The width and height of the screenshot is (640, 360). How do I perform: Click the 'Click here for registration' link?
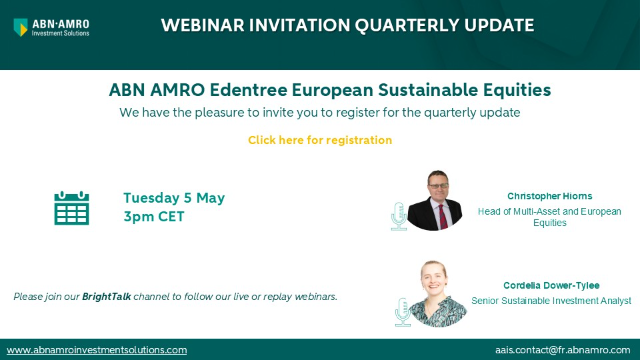[320, 140]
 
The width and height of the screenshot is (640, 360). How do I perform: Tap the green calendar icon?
[71, 207]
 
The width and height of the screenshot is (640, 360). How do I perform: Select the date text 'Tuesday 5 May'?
[174, 197]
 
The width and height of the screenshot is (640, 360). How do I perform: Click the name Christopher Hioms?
[550, 196]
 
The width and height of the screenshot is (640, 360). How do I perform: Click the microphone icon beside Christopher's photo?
[399, 215]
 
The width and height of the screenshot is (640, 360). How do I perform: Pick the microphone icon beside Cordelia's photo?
[404, 313]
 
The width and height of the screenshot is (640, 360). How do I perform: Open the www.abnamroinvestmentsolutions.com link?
[97, 350]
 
